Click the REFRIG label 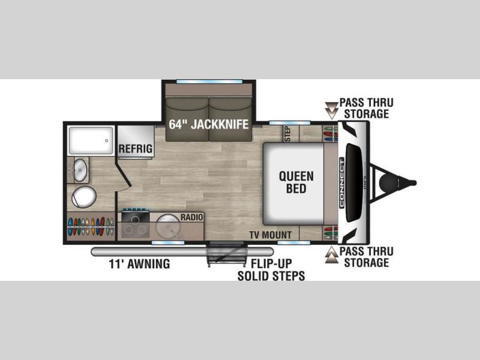pyautogui.click(x=136, y=149)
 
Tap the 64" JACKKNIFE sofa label pyautogui.click(x=208, y=124)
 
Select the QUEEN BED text pyautogui.click(x=296, y=182)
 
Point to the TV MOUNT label pyautogui.click(x=271, y=235)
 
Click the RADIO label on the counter pyautogui.click(x=191, y=217)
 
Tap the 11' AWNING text pyautogui.click(x=139, y=264)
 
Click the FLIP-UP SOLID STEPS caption pyautogui.click(x=271, y=269)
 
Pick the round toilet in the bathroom pyautogui.click(x=84, y=197)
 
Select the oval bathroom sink pyautogui.click(x=80, y=170)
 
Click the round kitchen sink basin pyautogui.click(x=167, y=226)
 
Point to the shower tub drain pyautogui.click(x=107, y=141)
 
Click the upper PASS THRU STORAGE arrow pyautogui.click(x=331, y=110)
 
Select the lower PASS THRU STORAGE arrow pyautogui.click(x=331, y=254)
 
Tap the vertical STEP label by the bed pyautogui.click(x=287, y=134)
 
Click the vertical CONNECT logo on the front pyautogui.click(x=341, y=183)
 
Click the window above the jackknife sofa pyautogui.click(x=209, y=82)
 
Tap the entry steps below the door pyautogui.click(x=227, y=254)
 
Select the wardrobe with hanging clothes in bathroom pyautogui.click(x=91, y=226)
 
